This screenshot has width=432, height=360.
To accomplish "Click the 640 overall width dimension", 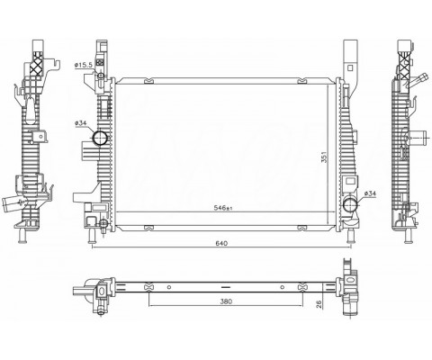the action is [x=221, y=243].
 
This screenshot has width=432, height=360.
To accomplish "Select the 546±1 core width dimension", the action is [x=223, y=208].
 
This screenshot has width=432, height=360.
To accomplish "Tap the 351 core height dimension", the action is [x=324, y=157].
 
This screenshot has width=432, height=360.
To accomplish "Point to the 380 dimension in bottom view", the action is [x=226, y=301].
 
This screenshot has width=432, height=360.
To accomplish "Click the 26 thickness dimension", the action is [x=319, y=304].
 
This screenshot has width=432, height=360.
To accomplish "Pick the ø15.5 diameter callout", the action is [x=84, y=65].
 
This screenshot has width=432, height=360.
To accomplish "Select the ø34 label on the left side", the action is [x=81, y=122].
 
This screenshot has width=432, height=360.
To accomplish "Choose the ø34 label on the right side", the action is [x=370, y=193].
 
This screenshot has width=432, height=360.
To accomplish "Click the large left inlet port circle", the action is [x=100, y=138].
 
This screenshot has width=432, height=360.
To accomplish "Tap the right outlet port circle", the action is [x=350, y=205].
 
